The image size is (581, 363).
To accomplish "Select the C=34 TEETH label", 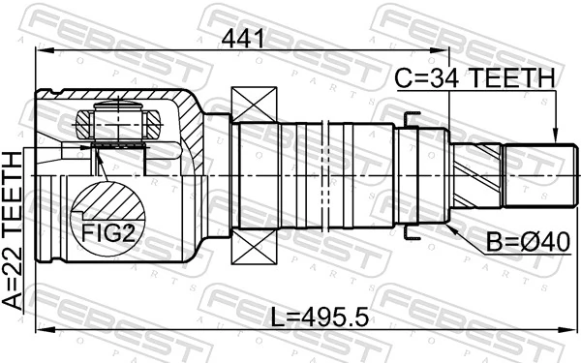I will pos(474,78).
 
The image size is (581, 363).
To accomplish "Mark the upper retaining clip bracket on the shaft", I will pos(412,120).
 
